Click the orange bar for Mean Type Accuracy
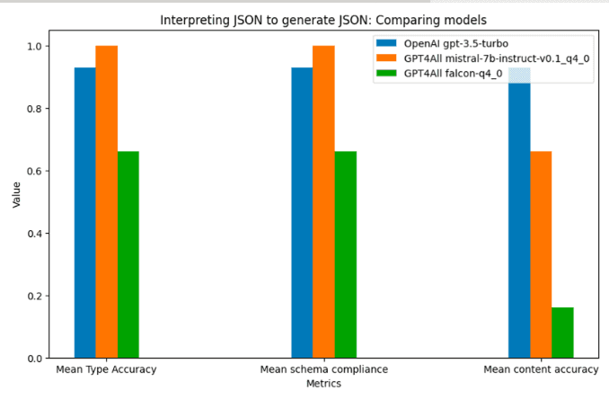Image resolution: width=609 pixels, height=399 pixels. pyautogui.click(x=107, y=201)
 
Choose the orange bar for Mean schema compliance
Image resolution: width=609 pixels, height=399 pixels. pyautogui.click(x=323, y=201)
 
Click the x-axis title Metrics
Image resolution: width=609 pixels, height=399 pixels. pyautogui.click(x=323, y=384)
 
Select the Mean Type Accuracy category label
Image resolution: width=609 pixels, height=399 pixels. pyautogui.click(x=107, y=369)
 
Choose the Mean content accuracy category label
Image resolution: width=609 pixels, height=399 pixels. pyautogui.click(x=541, y=369)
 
